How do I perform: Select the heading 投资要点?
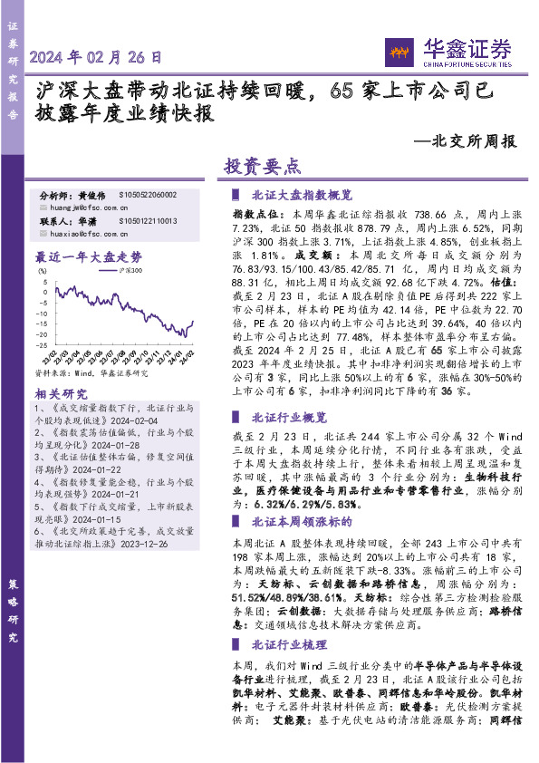pos(261,167)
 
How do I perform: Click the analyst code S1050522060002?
pos(148,195)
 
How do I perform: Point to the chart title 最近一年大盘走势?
pos(88,256)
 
